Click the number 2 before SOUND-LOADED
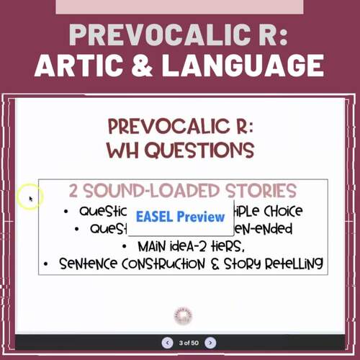coord(74,191)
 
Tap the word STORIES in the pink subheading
coord(261,191)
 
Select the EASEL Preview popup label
coord(180,217)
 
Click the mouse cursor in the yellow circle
coord(31,197)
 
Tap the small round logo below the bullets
coord(184,315)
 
